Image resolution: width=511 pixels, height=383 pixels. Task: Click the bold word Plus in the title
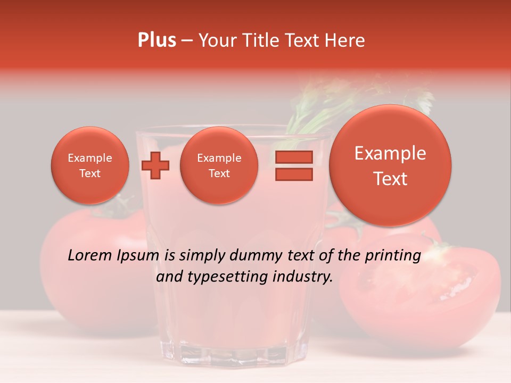[157, 40]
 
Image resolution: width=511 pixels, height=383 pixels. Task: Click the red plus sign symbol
[155, 165]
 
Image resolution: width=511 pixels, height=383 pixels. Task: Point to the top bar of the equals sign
[293, 157]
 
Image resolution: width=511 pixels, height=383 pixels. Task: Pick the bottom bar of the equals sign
[293, 174]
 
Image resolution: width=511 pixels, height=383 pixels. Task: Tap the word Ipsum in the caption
[137, 256]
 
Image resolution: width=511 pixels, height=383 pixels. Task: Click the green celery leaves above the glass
[341, 101]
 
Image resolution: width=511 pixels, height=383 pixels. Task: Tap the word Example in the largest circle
[390, 153]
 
